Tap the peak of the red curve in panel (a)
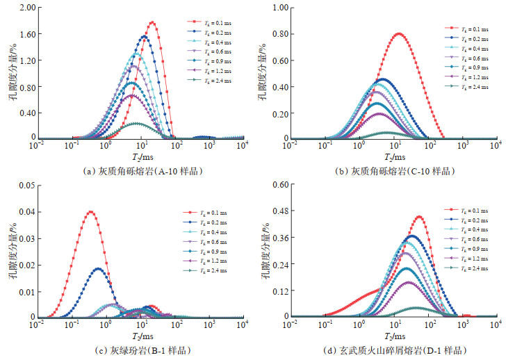tap(152, 22)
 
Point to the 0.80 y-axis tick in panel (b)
tap(276, 34)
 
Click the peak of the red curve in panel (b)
tap(398, 33)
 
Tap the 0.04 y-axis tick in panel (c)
tap(21, 212)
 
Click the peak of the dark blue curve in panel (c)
tap(98, 269)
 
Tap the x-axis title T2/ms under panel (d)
tap(393, 334)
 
